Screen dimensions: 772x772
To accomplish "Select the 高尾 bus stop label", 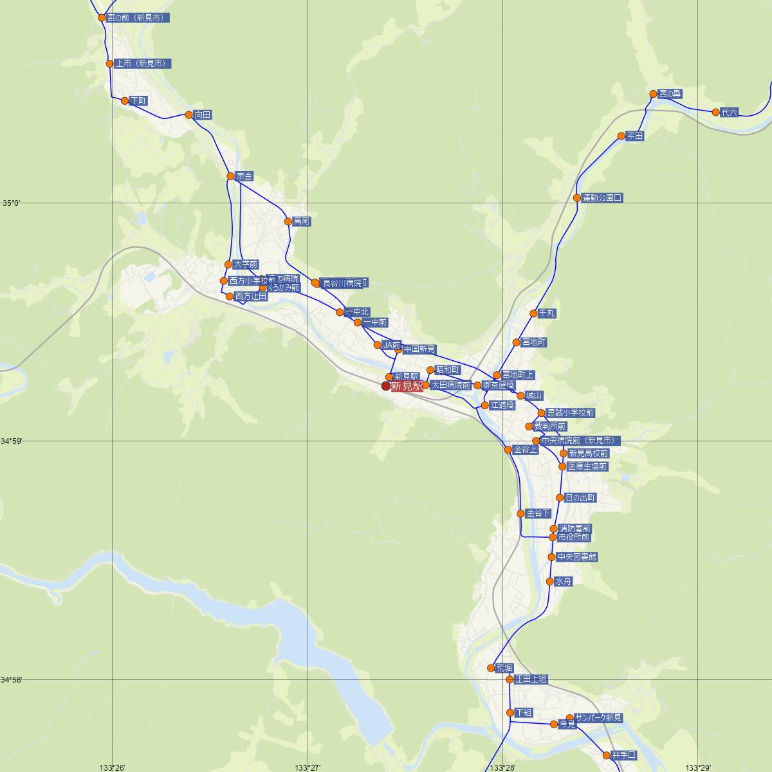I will click(x=302, y=221).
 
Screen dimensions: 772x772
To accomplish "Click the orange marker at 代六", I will click(x=715, y=112).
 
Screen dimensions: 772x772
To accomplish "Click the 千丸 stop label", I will click(x=547, y=313).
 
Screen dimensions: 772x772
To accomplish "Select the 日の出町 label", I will click(x=580, y=498).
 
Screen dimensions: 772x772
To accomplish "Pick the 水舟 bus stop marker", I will click(x=549, y=582).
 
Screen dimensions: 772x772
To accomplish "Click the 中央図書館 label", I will click(x=577, y=556).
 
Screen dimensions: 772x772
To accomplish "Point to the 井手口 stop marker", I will click(x=606, y=755).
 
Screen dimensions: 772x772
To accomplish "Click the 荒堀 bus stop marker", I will click(x=491, y=668).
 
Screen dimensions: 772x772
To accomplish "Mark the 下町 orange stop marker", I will click(x=124, y=100).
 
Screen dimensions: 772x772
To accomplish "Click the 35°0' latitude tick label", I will click(x=10, y=203).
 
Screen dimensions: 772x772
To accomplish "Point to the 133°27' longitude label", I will click(x=308, y=767).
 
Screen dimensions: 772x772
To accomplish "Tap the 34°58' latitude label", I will click(x=12, y=679).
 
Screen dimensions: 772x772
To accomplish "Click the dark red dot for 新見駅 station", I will click(x=386, y=386).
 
